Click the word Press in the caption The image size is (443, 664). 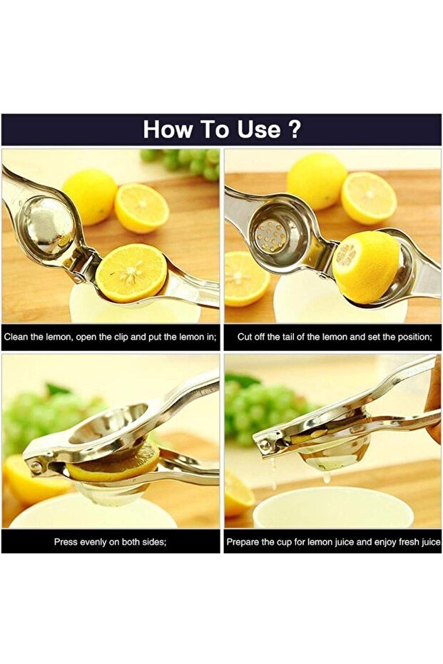click(x=66, y=542)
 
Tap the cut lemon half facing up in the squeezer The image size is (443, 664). click(x=131, y=272)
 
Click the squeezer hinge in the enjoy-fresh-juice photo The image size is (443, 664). click(x=265, y=444)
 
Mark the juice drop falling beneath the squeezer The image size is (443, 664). click(x=326, y=476)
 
